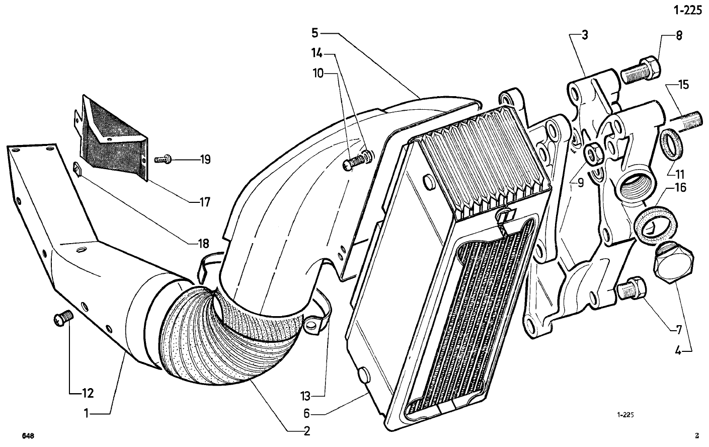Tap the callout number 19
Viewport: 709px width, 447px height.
204,160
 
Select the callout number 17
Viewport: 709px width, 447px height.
204,202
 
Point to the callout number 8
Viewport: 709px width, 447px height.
679,36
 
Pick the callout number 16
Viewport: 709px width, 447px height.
680,188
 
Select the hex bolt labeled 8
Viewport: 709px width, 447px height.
640,72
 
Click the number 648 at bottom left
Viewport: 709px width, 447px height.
28,436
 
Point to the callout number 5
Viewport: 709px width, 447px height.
314,33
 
